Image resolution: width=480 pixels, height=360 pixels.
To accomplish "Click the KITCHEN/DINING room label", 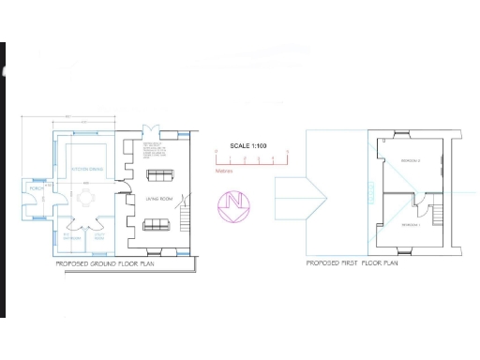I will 86,170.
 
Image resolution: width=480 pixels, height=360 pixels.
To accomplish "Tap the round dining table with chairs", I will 86,198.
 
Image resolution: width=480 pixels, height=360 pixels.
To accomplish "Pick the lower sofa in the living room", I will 156,225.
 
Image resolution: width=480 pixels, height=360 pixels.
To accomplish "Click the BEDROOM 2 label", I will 411,162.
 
